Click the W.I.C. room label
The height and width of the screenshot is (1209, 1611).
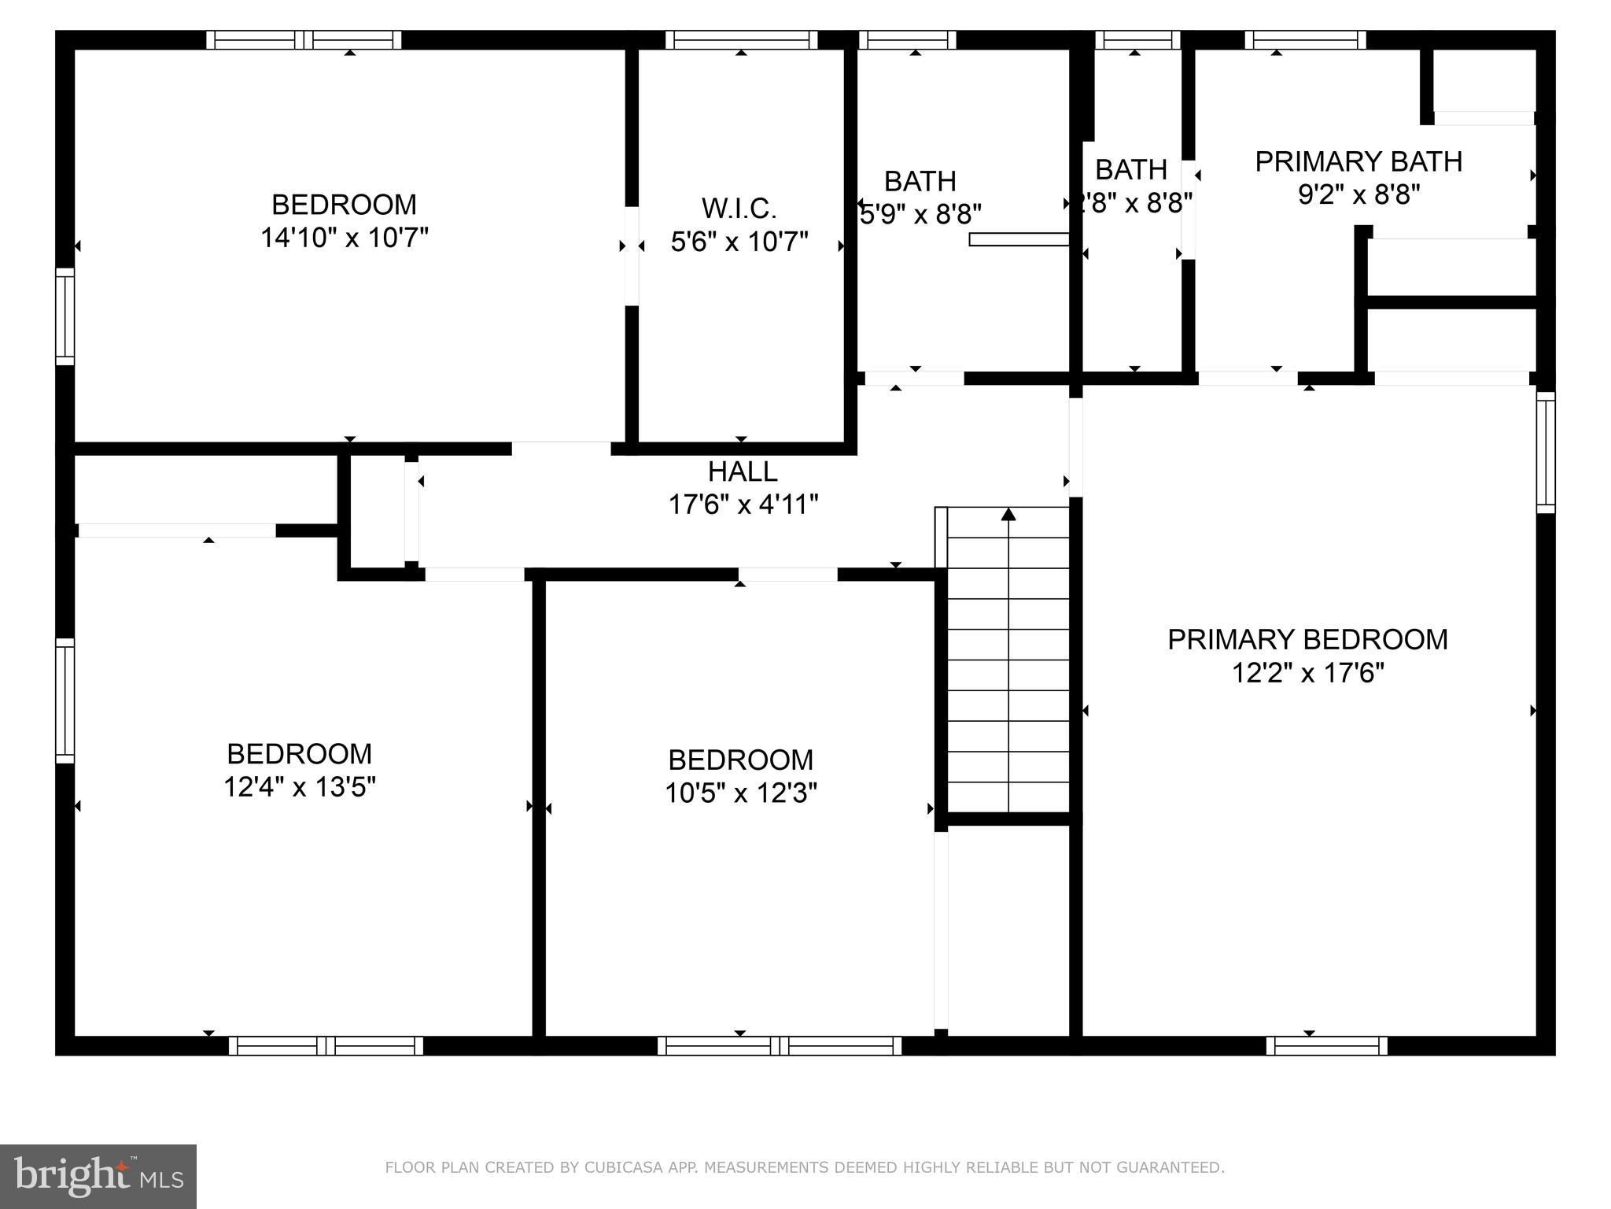coord(739,209)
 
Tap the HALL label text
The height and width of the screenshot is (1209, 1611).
coord(743,471)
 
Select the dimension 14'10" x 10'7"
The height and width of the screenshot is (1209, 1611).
coord(344,238)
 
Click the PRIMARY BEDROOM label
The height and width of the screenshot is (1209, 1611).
coord(1307,639)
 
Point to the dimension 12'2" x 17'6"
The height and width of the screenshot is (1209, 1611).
coord(1307,674)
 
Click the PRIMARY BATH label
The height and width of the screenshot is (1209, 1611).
coord(1358,161)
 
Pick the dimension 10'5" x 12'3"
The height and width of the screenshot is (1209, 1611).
coord(741,793)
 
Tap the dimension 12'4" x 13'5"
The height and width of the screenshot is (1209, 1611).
coord(300,787)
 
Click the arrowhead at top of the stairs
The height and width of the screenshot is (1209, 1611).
coord(1008,514)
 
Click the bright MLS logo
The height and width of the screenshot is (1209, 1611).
coord(98,1177)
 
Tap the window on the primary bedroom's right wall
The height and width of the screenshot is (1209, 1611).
coord(1546,453)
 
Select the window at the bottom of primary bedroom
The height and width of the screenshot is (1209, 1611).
coord(1326,1046)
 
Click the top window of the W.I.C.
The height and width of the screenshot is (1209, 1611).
coord(741,39)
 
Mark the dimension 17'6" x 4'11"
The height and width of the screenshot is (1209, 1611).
coord(743,505)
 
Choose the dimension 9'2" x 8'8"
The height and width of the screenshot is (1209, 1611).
coord(1358,194)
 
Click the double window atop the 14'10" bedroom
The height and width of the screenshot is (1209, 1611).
coord(304,39)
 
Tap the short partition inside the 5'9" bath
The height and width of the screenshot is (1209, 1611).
coord(1019,239)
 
